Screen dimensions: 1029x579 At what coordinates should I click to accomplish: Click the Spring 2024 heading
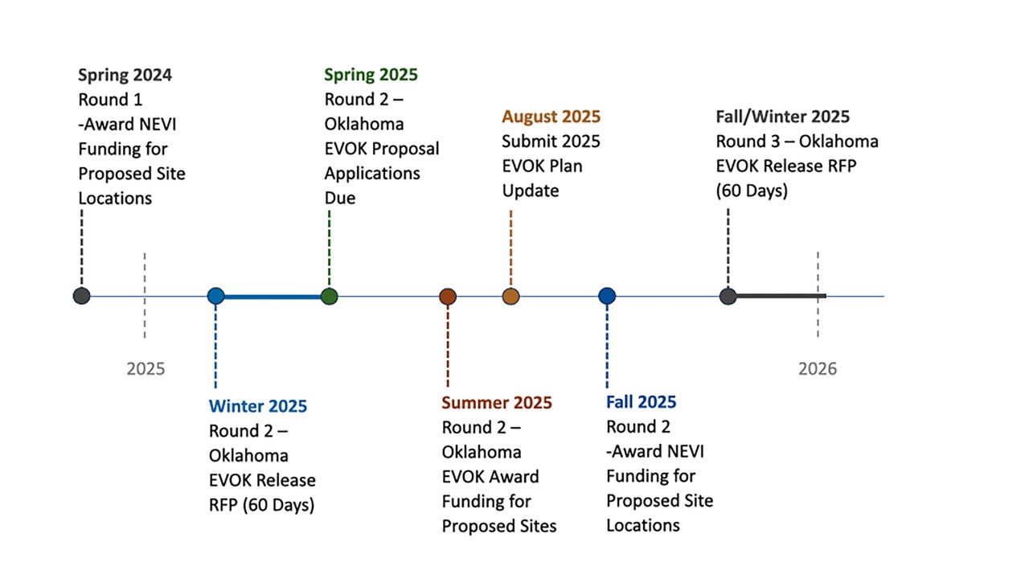point(125,76)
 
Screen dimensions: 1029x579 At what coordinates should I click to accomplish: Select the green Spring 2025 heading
point(371,75)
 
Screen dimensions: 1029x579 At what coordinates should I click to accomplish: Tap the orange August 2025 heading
point(551,117)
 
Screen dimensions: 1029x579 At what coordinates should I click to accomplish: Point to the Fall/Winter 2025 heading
point(783,117)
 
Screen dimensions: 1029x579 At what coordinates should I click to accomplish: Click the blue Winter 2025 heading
point(258,406)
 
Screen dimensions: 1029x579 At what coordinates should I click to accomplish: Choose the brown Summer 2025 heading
point(497,403)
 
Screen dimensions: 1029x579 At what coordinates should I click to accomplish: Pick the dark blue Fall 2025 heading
point(642,402)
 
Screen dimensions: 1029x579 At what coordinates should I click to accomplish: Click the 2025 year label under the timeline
point(146,369)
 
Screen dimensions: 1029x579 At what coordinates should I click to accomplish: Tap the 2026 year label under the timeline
point(818,369)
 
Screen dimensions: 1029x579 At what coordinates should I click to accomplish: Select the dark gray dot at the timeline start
point(82,296)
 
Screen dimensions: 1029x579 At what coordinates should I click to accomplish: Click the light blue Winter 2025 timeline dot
point(216,296)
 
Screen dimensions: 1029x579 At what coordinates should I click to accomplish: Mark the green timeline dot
point(330,297)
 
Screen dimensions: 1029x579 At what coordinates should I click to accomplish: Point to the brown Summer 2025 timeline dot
point(448,297)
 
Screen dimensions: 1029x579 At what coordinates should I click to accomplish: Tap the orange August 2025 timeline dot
point(510,297)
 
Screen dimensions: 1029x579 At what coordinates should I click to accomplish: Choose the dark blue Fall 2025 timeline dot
point(607,296)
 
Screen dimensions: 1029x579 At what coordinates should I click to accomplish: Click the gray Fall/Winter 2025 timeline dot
point(728,297)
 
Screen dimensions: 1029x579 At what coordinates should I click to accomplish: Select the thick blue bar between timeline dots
point(273,297)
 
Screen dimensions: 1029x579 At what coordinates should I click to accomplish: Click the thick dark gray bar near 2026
point(781,296)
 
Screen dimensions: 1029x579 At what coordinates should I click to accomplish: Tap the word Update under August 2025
point(531,191)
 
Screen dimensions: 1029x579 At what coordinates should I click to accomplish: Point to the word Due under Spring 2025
point(340,198)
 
